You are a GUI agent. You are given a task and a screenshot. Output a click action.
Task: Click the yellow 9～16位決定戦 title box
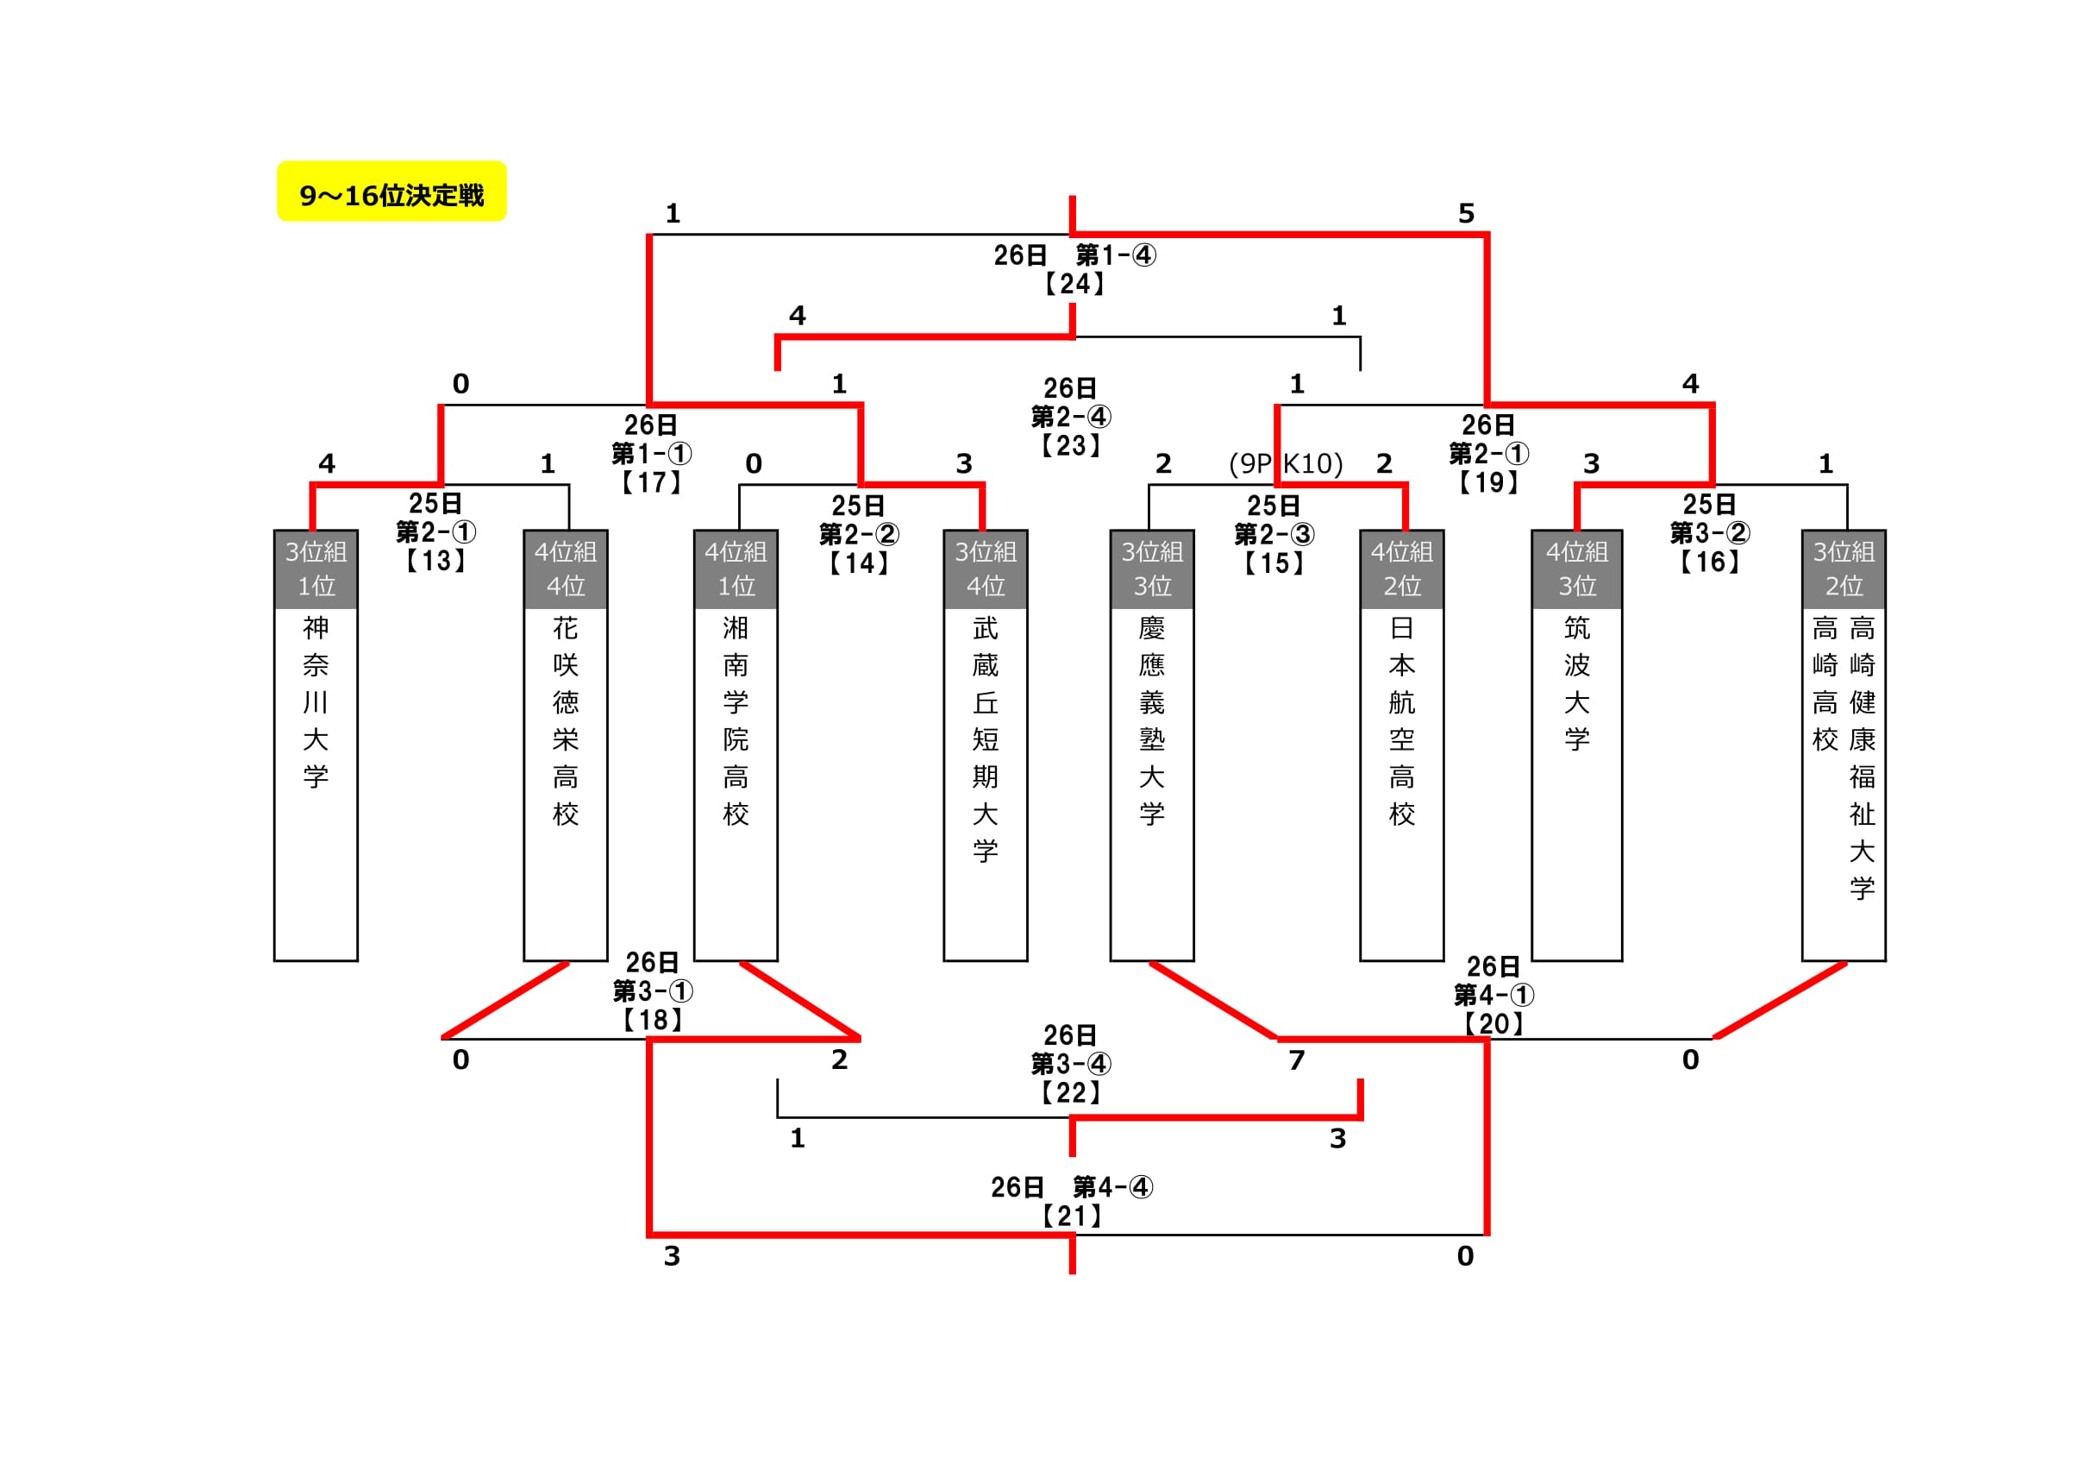391,192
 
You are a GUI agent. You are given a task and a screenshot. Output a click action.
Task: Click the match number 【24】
1073,284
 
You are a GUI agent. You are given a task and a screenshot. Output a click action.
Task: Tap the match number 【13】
435,561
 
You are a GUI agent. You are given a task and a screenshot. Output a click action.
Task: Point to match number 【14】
858,563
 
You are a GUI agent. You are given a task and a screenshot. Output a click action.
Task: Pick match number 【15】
1273,563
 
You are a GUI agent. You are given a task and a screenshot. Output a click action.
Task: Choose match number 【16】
1709,562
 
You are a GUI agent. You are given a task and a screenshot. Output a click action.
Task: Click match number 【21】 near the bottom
1071,1216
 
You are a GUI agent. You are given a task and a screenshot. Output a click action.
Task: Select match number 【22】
1070,1092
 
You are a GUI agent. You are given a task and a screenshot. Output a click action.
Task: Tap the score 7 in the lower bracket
1297,1059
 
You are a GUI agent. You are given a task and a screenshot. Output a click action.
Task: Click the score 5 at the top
1466,214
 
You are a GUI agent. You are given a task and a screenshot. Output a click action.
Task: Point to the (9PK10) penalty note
1285,464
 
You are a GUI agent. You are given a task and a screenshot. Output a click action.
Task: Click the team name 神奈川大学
315,702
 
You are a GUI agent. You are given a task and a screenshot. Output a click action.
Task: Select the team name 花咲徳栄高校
565,721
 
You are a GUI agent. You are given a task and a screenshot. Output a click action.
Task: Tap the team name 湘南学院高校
736,721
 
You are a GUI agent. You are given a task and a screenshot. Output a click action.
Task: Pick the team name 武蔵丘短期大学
985,739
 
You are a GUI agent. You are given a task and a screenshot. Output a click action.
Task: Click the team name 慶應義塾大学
1152,721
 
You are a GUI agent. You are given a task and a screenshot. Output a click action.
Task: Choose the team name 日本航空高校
1402,721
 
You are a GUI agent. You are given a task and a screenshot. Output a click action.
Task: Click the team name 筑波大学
1576,684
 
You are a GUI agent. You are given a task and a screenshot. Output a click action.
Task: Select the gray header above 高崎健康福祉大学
1844,569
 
